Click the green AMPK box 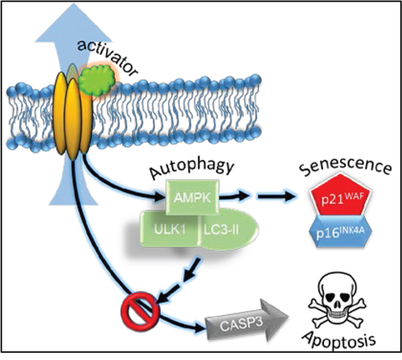[x=192, y=197]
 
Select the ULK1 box [x=170, y=230]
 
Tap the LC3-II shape [x=228, y=230]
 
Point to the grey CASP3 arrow [x=247, y=320]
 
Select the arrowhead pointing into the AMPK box [x=160, y=197]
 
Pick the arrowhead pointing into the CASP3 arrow [x=199, y=328]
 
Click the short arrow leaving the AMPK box [x=234, y=197]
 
